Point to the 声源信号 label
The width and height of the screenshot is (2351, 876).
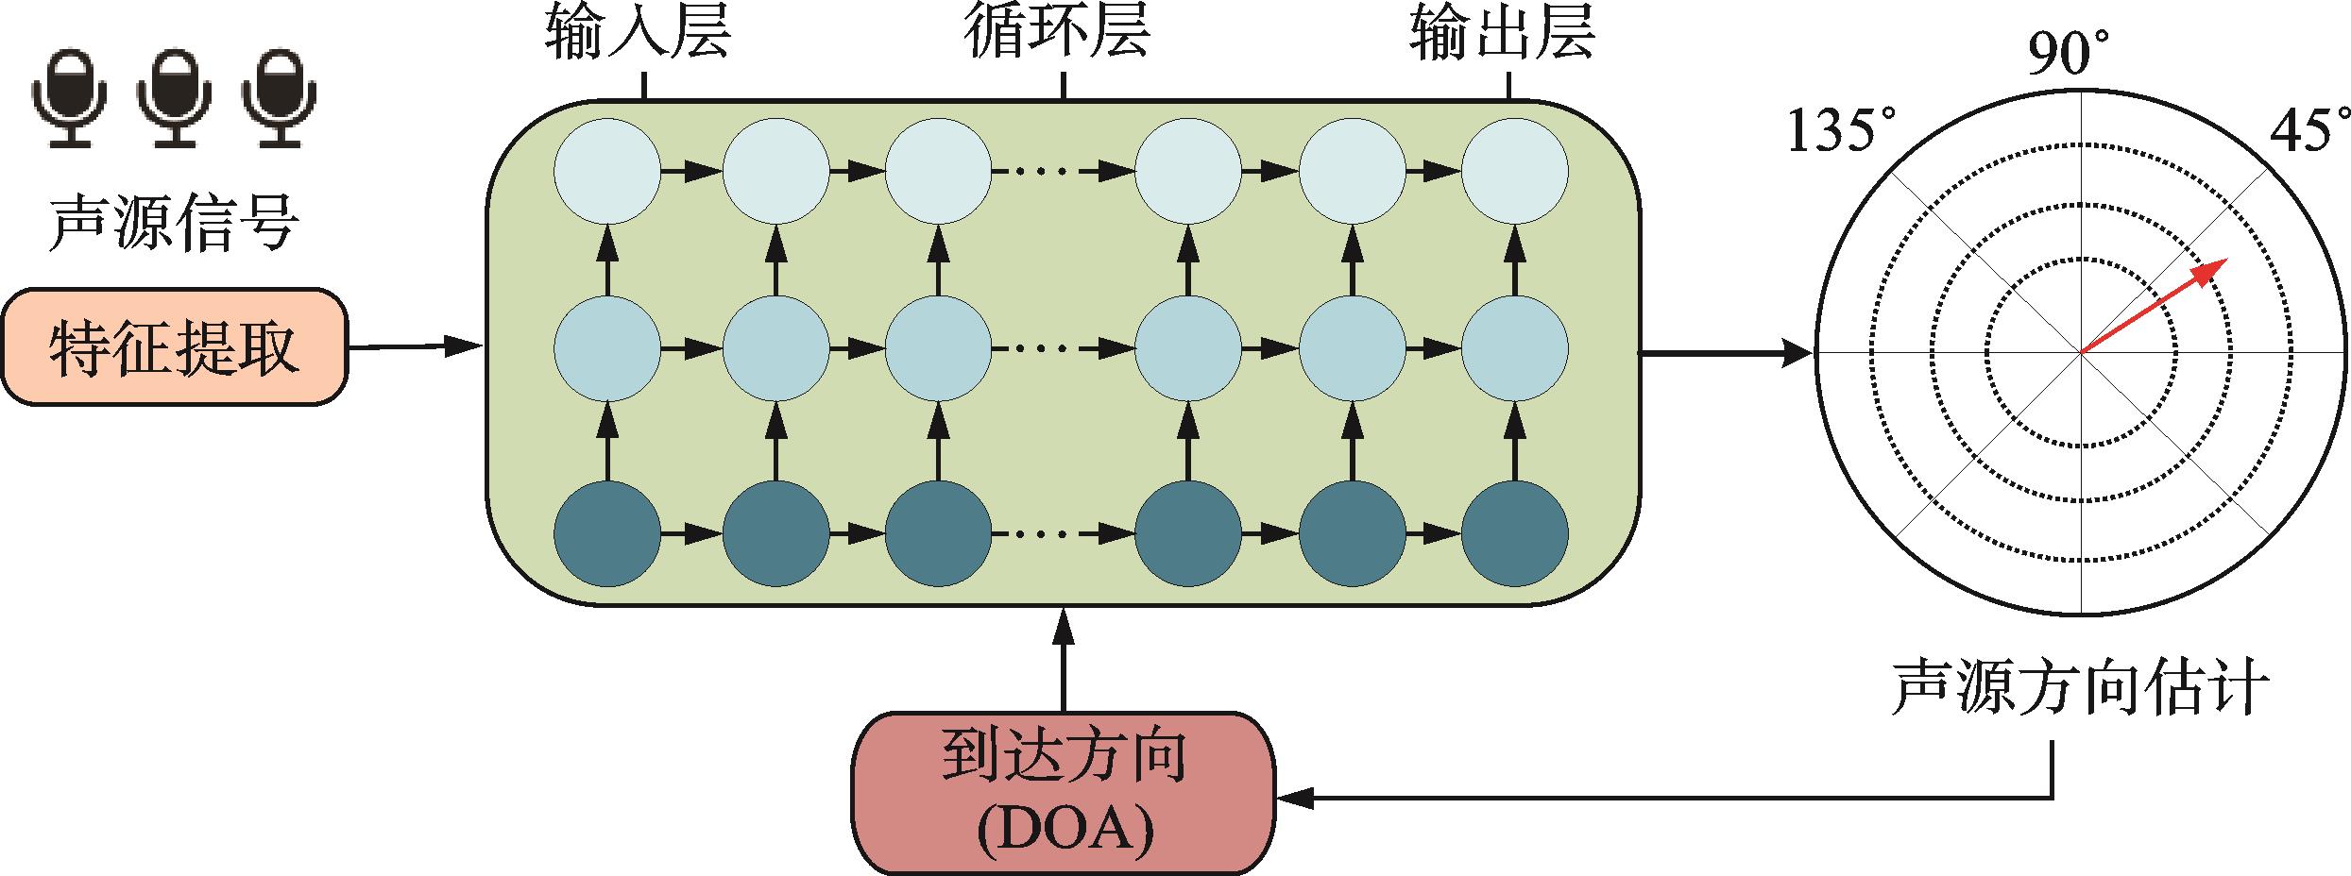pos(174,225)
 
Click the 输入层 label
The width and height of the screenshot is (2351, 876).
pos(639,35)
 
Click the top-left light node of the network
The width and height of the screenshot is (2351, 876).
pos(607,172)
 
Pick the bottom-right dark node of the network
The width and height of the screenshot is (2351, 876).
pos(1515,533)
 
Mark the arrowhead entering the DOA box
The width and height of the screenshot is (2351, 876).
pos(1289,798)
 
